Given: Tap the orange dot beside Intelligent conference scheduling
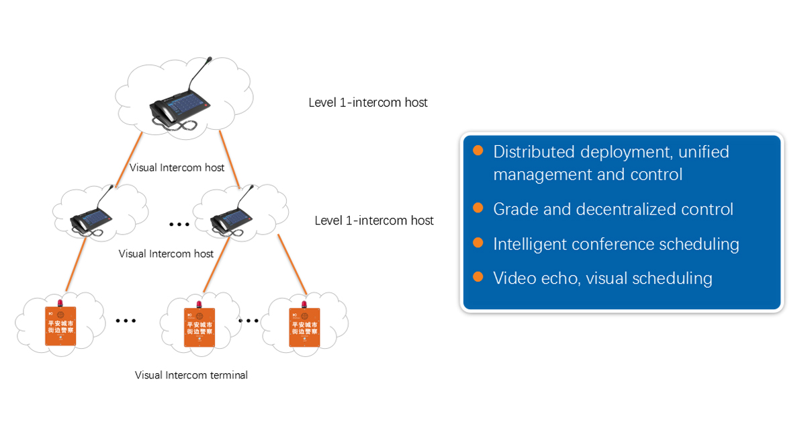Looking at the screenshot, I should (478, 242).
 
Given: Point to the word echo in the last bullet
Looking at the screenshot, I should (560, 278).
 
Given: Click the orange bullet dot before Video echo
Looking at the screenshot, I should (478, 276).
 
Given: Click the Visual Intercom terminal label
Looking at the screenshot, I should (191, 375).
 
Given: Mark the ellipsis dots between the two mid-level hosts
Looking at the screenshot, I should (179, 224).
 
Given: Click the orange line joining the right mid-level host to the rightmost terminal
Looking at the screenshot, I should (293, 264).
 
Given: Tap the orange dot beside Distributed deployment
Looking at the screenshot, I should (478, 151).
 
